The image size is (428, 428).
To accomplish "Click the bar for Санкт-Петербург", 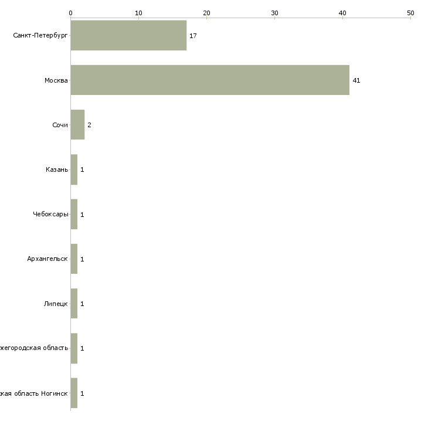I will tap(128, 36).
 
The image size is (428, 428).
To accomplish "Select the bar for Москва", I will tap(210, 80).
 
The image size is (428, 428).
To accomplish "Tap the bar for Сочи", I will tap(77, 125).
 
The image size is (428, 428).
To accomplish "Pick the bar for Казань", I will tap(74, 169).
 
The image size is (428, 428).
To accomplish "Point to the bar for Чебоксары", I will tap(74, 215).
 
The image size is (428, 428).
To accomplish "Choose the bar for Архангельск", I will tap(74, 259).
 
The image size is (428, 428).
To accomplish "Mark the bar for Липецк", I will tap(74, 304).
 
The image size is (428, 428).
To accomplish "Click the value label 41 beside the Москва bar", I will tap(356, 80).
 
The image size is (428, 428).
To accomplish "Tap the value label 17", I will tap(193, 36).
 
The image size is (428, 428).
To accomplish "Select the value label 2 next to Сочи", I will tap(89, 125).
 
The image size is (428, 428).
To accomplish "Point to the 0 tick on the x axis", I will tap(70, 12).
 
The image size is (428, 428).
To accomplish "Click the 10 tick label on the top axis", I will tap(138, 12).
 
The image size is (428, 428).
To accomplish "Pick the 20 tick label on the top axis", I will tap(206, 12).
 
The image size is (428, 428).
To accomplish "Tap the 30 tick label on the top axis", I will tap(274, 12).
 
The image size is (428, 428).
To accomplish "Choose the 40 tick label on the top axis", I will tap(342, 12).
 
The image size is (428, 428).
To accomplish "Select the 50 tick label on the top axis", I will tap(410, 12).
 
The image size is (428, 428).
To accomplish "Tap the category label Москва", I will tap(56, 80).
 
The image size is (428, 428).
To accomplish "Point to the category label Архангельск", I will tap(47, 259).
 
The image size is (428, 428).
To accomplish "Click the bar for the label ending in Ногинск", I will tap(74, 393).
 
